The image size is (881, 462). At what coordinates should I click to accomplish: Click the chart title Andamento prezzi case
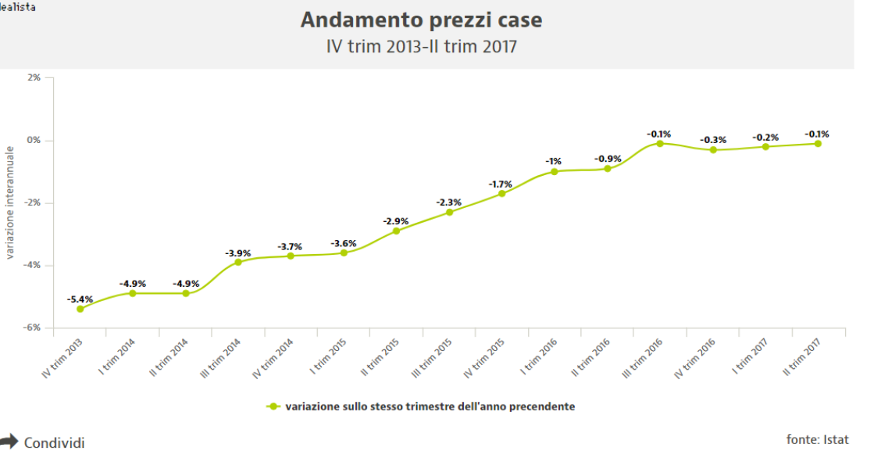coord(421,20)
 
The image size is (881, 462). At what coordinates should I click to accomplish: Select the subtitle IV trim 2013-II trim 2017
coord(421,47)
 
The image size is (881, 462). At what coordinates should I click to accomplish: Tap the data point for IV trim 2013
coord(80,309)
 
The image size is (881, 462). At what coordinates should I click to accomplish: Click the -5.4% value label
coord(80,299)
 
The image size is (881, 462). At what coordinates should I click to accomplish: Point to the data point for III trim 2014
coord(238,262)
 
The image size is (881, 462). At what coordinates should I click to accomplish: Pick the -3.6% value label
coord(343,243)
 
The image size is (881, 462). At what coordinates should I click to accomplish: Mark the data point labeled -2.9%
coord(396,231)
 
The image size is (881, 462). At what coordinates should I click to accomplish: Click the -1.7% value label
coord(501,184)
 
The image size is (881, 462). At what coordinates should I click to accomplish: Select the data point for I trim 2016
coord(555,171)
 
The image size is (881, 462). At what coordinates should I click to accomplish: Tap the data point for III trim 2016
coord(660,143)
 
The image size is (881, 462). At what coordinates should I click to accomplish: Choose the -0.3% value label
coord(712,140)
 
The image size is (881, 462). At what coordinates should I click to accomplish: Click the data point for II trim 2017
coord(818,143)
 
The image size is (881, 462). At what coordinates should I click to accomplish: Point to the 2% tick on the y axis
coord(34,77)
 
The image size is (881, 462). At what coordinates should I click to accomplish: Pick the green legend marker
coord(273,406)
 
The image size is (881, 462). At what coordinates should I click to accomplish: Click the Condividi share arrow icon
coord(9,442)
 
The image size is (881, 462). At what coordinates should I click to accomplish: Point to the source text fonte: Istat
coord(817,439)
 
